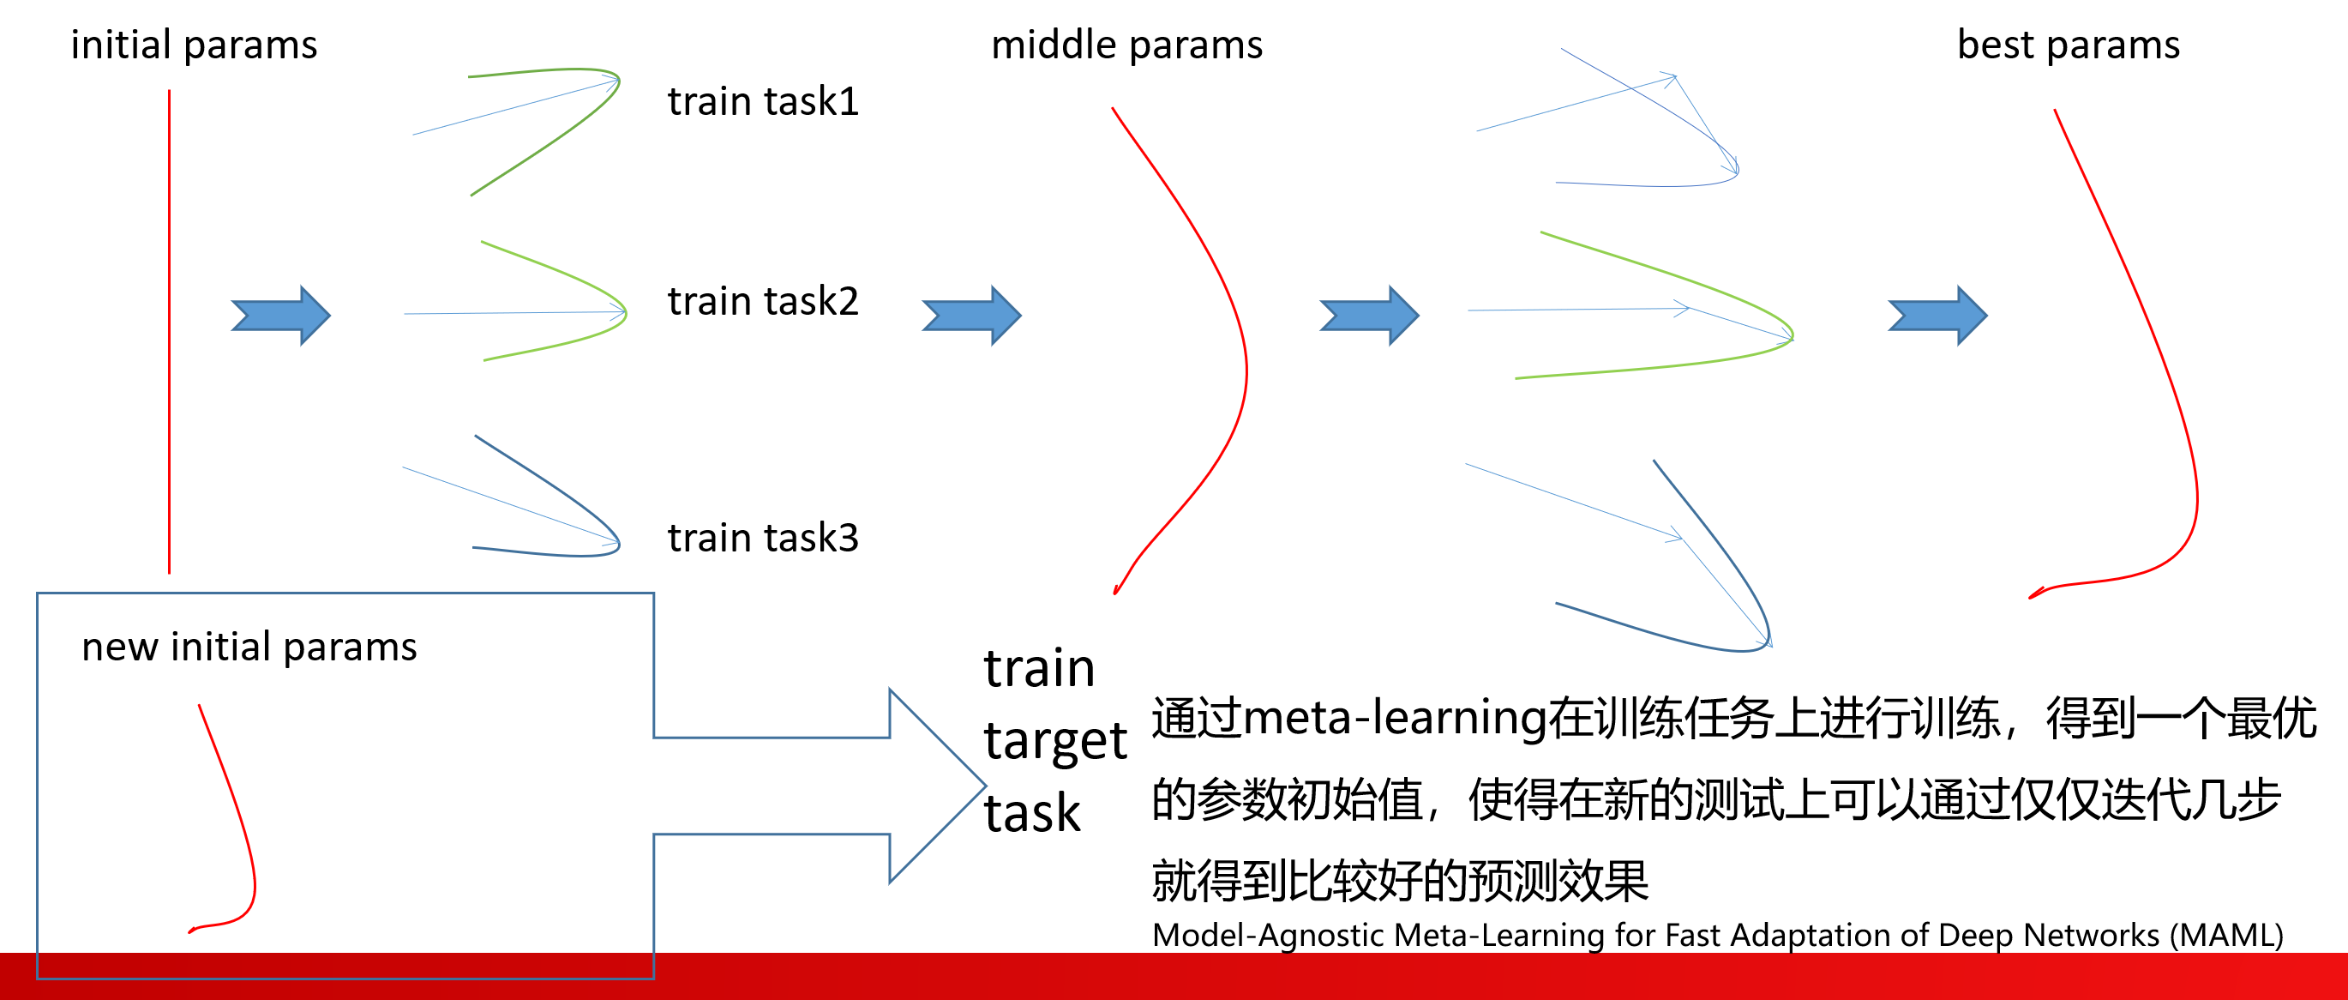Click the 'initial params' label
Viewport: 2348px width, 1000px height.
pos(194,45)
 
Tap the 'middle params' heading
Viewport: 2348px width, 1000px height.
pos(1126,45)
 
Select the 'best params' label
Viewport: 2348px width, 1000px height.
pos(2069,45)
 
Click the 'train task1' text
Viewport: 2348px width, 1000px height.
pos(763,101)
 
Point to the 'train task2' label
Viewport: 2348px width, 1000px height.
pos(763,302)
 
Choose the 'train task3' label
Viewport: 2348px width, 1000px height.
pos(763,538)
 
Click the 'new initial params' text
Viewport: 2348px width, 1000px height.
pos(249,648)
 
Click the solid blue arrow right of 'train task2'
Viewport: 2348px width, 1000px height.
pos(971,316)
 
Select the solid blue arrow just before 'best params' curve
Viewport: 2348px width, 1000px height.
pos(1937,316)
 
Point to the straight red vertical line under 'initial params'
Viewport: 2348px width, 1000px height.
pos(170,328)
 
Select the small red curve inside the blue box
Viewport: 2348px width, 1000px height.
pos(239,821)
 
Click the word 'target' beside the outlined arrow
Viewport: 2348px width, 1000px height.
pos(1054,740)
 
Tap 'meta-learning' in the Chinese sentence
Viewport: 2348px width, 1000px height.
pos(1395,719)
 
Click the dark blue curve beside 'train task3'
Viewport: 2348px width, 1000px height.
pos(583,510)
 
